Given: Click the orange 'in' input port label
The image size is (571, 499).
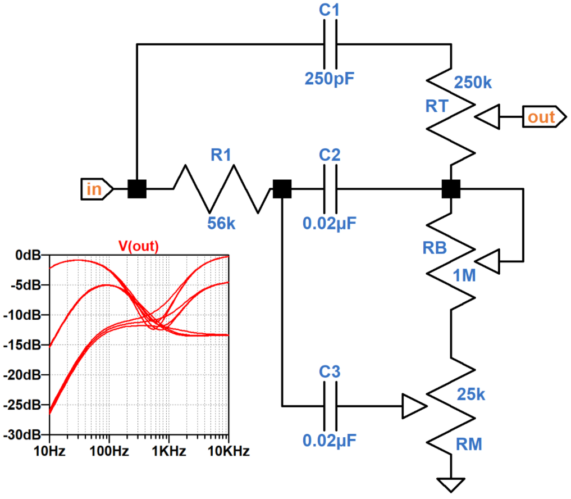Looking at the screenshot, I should [94, 189].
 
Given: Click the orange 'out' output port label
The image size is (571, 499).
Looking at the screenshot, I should [541, 117].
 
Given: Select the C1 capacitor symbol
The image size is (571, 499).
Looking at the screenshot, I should [330, 44].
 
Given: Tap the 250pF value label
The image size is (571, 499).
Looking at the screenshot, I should [330, 78].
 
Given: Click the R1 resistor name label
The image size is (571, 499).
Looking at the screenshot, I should [221, 156].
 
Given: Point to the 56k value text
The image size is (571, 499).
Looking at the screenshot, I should [222, 223].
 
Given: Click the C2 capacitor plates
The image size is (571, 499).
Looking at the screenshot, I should [330, 189].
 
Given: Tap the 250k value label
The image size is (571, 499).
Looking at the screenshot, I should [473, 83].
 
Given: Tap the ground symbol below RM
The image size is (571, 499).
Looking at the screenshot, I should [451, 483].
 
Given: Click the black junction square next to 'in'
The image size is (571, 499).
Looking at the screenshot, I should [137, 189].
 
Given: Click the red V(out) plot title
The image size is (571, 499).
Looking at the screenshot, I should [138, 246].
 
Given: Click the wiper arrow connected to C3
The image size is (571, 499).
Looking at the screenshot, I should [413, 405].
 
